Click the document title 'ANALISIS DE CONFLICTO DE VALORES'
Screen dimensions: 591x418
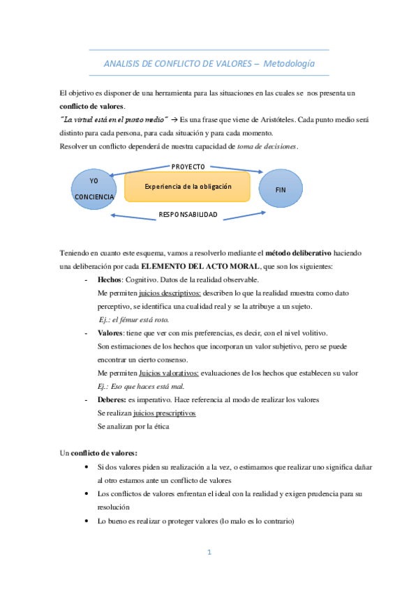[x=177, y=63]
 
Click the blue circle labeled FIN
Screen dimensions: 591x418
[x=281, y=189]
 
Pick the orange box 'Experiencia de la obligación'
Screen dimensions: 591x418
[x=187, y=187]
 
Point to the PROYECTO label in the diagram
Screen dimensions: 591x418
[x=188, y=167]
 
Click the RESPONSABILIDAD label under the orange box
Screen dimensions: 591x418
[x=188, y=214]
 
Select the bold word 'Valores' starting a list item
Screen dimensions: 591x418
[x=112, y=333]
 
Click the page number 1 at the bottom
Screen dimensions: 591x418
[x=209, y=553]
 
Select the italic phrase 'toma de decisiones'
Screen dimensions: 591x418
[x=267, y=146]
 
